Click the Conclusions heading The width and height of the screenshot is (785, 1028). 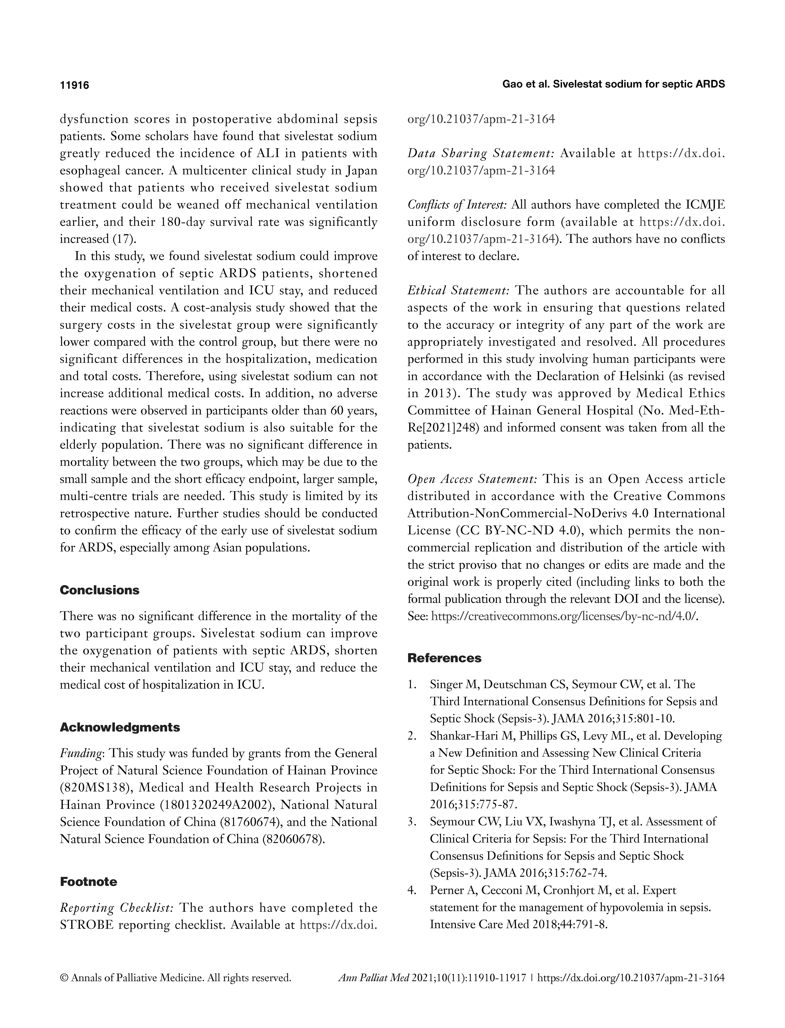[x=100, y=590]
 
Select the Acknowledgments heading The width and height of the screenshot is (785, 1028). [x=120, y=728]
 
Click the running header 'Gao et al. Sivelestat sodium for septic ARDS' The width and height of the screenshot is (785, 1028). [x=613, y=85]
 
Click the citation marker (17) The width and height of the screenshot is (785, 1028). [x=125, y=239]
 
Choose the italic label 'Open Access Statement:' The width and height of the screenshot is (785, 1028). [x=472, y=479]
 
